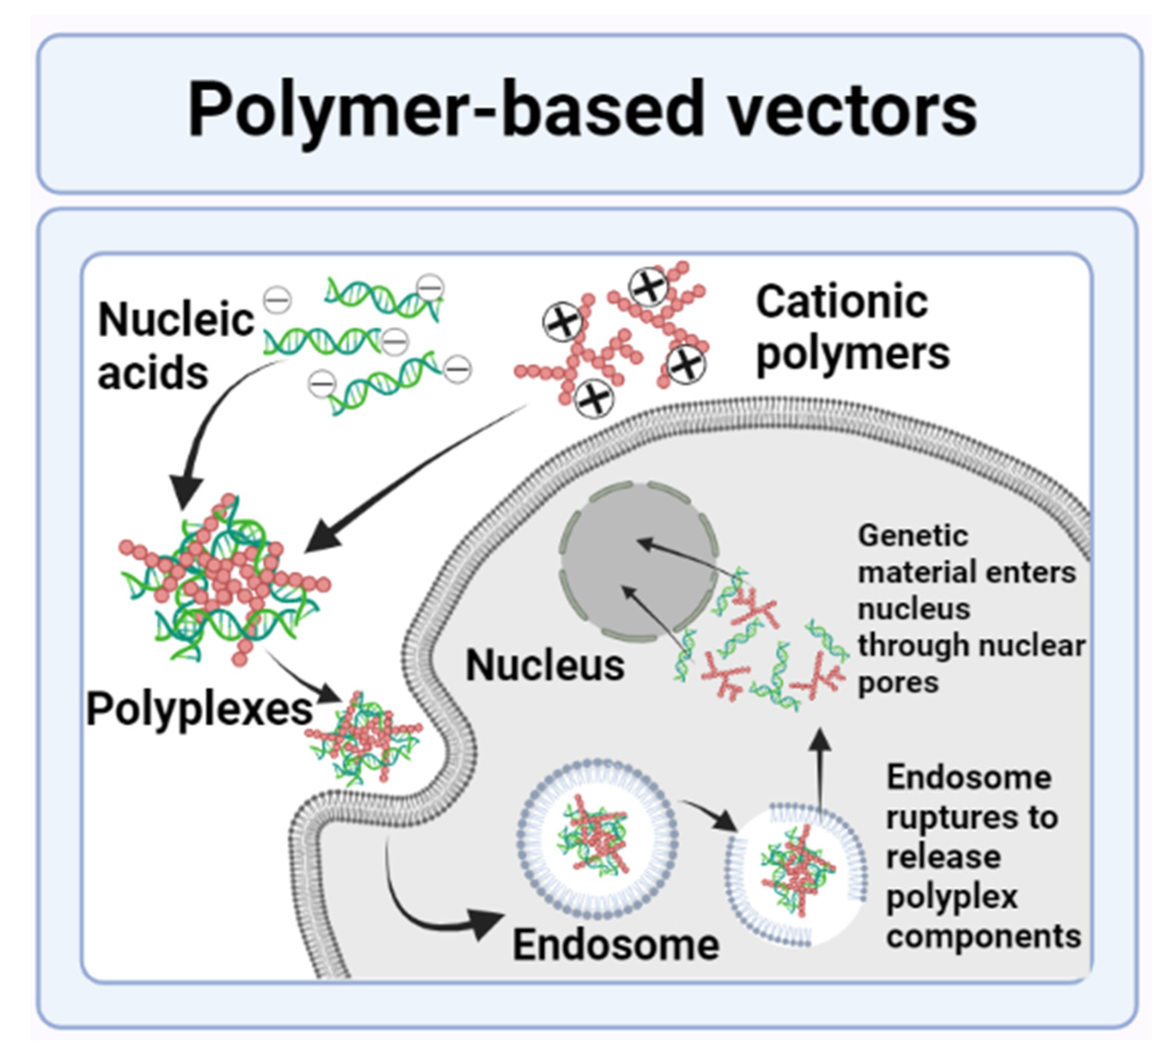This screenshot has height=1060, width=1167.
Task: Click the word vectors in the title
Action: click(x=851, y=110)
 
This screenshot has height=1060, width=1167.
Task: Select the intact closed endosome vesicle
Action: click(x=596, y=839)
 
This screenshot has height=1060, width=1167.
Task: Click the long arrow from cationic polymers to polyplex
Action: click(x=417, y=475)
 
